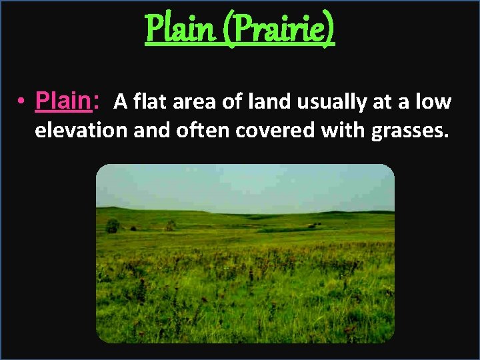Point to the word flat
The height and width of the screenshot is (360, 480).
coord(147,102)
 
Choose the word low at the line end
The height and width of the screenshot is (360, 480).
coord(435,102)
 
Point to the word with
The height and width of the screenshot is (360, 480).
coord(340,131)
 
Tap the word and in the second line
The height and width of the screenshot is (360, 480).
coord(151,131)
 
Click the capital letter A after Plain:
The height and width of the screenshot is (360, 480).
coord(120,102)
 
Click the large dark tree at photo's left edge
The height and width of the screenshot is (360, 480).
coord(113,226)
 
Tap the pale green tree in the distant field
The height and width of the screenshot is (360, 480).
coord(171,225)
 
